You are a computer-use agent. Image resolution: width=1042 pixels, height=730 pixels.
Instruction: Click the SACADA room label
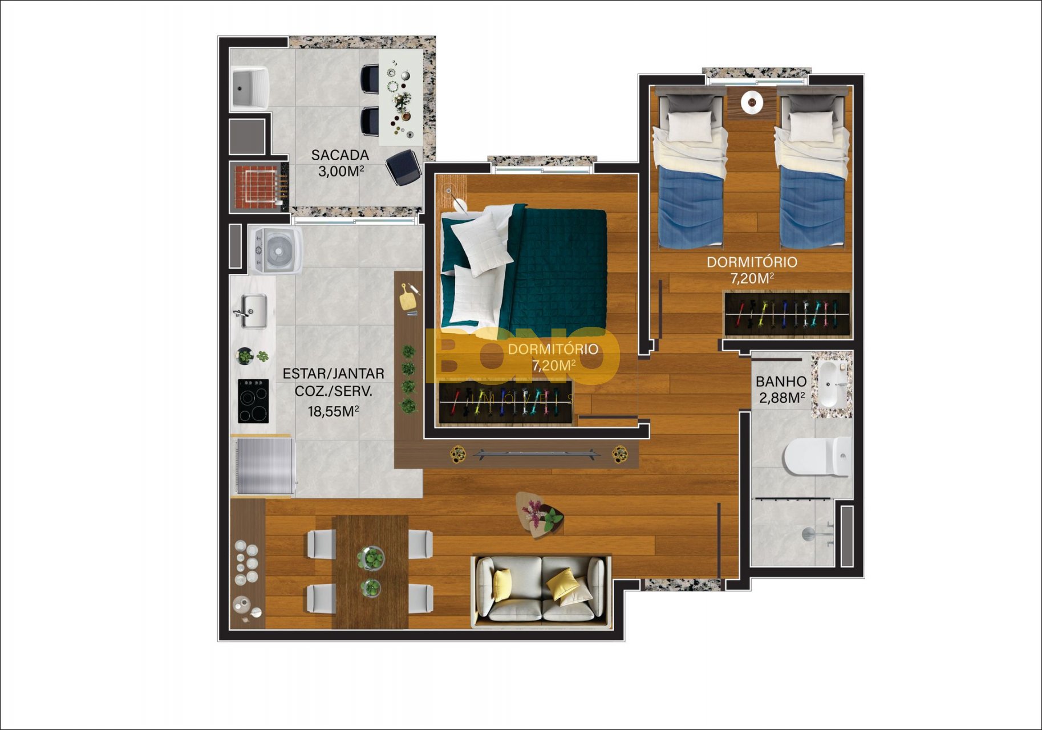pos(340,155)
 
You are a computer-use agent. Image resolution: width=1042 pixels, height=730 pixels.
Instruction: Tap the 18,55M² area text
pos(333,411)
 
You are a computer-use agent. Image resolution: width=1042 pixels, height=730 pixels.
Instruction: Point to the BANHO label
pos(781,382)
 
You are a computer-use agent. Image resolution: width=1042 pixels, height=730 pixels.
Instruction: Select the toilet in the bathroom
pos(817,456)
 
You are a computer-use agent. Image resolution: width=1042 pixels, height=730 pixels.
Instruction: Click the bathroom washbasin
pos(834,384)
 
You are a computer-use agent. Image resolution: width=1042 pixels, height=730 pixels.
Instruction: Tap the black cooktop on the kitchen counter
pos(253,401)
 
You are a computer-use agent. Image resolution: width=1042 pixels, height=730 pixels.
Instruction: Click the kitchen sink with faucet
pos(251,311)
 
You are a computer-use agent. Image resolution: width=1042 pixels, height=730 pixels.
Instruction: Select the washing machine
pos(277,250)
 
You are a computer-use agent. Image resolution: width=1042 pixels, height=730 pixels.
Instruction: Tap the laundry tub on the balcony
pos(249,88)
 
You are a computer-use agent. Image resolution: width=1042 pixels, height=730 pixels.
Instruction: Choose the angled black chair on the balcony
pos(404,167)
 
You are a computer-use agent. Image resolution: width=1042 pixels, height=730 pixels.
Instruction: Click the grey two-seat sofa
pos(541,589)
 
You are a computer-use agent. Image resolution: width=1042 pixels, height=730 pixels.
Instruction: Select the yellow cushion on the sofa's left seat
pos(502,584)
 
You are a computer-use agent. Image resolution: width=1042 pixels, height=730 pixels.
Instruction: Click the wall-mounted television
pos(536,454)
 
